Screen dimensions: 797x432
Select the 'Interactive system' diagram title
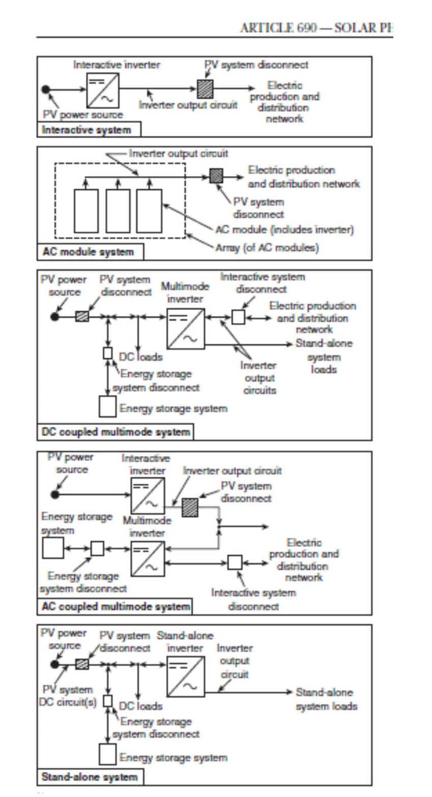[x=87, y=130]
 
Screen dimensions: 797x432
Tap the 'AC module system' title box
[x=88, y=252]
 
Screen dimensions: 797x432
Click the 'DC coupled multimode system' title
[x=116, y=432]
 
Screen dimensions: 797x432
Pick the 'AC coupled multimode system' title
[x=115, y=607]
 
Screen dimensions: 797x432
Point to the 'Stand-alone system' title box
[x=90, y=777]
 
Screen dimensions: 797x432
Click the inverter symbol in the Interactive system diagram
[x=102, y=90]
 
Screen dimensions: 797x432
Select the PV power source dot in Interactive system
[x=46, y=90]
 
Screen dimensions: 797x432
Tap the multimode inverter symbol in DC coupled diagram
[x=185, y=329]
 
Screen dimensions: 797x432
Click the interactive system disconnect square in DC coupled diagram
[x=238, y=317]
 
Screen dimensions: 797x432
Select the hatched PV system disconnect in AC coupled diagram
[x=190, y=507]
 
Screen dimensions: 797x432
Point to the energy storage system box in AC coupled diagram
[x=53, y=548]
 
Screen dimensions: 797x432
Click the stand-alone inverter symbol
[x=185, y=677]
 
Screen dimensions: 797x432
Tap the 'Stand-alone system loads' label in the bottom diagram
[x=327, y=699]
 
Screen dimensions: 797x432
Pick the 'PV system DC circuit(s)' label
[x=67, y=695]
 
